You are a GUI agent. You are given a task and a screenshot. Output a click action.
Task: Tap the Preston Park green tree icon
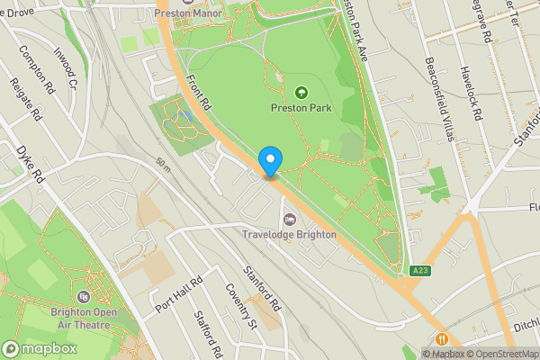coord(301,91)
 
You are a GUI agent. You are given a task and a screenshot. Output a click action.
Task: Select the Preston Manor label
coord(187,13)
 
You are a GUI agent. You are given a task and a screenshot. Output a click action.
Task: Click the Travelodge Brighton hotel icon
coord(289,219)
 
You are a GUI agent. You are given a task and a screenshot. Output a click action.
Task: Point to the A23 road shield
coord(418,270)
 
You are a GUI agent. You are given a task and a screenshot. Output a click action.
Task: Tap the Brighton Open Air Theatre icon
coord(84,297)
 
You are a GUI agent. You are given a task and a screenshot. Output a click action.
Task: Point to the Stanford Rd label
coord(263,288)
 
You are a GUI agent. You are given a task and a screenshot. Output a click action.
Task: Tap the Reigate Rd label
coord(26,99)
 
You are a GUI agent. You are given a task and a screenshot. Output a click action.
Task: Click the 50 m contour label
coord(162,166)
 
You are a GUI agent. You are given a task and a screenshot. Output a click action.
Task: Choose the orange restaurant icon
coord(441,339)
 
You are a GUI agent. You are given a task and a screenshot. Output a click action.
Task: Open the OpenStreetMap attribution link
coord(500,354)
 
